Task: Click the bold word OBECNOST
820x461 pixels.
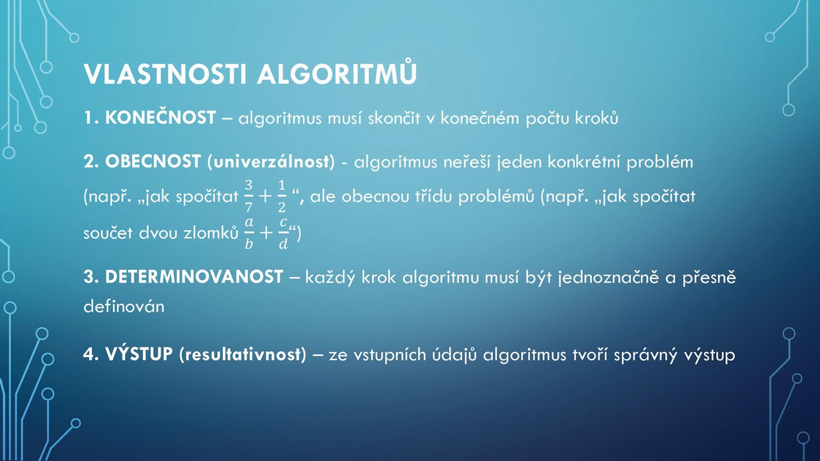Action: [153, 161]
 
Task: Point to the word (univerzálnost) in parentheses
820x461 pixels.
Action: [271, 162]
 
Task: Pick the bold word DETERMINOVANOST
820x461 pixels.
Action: [194, 277]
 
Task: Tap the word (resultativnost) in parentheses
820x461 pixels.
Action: [243, 355]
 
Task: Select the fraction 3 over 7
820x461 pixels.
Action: [249, 196]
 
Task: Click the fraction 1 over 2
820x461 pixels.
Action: [281, 196]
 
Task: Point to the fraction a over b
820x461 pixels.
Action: [249, 233]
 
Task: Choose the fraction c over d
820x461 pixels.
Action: [283, 233]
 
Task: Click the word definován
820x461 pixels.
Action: [124, 306]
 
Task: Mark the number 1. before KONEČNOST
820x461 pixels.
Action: [91, 117]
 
